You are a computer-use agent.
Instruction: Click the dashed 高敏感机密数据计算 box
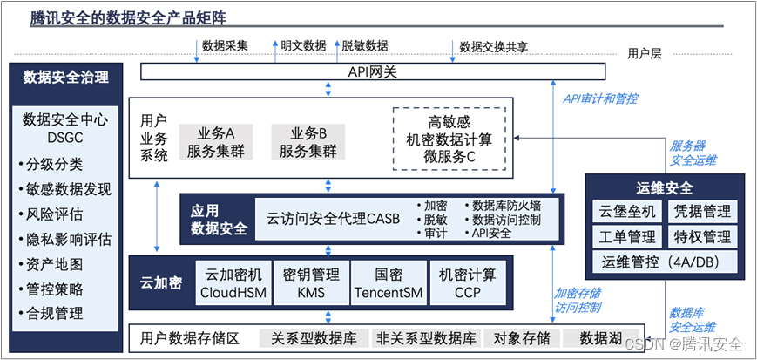[x=449, y=139]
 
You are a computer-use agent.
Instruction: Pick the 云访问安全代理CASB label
[x=334, y=219]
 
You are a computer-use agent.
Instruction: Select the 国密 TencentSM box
[x=388, y=283]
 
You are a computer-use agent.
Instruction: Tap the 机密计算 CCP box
[x=467, y=283]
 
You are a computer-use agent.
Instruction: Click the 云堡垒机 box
[x=626, y=211]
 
